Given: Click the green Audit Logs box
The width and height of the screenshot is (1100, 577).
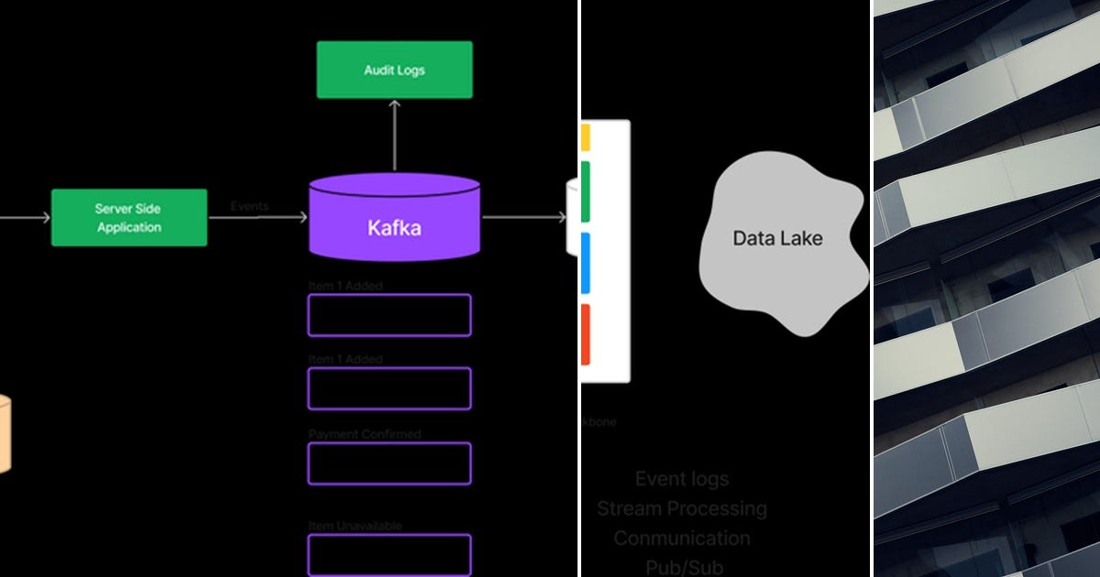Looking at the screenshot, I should (394, 70).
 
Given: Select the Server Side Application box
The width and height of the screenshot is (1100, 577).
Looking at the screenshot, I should (128, 218).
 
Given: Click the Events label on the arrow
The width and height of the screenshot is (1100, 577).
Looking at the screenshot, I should (249, 206).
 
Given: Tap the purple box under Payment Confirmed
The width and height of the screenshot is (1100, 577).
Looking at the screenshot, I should (390, 463).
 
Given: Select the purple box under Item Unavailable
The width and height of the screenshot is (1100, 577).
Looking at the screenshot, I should (390, 555).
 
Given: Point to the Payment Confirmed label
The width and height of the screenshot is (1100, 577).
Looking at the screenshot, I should (364, 433).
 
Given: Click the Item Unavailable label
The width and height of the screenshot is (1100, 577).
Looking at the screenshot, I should (355, 526).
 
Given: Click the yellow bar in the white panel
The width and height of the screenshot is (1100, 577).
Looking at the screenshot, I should (585, 137).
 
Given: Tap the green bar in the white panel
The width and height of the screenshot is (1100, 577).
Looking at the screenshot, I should (585, 191).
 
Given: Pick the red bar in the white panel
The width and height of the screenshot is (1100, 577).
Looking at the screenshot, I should (585, 334).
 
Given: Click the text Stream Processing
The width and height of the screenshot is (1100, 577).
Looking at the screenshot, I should (682, 508).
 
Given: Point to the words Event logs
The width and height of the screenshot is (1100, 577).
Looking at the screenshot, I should (682, 479).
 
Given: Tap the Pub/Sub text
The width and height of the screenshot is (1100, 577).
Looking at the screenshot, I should (683, 567).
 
